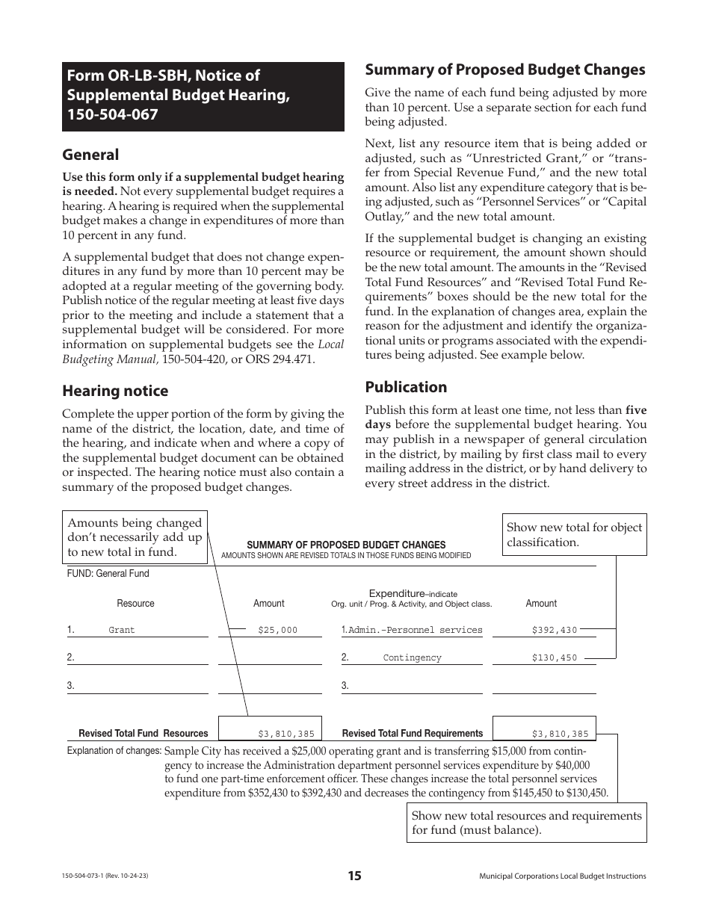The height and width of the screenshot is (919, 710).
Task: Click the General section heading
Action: click(x=90, y=155)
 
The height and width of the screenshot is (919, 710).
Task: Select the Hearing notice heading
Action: click(x=115, y=391)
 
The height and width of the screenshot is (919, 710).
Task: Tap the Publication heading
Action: click(x=406, y=387)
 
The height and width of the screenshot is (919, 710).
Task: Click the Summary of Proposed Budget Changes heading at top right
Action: click(x=504, y=69)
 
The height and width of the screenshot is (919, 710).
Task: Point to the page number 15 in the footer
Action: click(x=354, y=876)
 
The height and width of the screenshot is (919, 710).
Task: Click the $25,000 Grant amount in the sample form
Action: click(x=277, y=631)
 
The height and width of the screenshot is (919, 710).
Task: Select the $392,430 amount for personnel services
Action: click(x=555, y=631)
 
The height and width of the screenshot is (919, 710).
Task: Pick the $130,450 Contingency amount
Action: click(x=555, y=658)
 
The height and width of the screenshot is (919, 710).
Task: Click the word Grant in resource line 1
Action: click(x=122, y=631)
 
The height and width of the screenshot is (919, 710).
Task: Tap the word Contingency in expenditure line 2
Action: click(x=412, y=658)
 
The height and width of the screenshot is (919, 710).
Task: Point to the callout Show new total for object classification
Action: click(x=574, y=534)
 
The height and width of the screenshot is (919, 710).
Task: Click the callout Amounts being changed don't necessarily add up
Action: click(x=135, y=537)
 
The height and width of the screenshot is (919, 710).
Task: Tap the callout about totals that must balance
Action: click(x=526, y=823)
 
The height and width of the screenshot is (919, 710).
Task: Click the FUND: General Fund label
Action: click(x=108, y=574)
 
